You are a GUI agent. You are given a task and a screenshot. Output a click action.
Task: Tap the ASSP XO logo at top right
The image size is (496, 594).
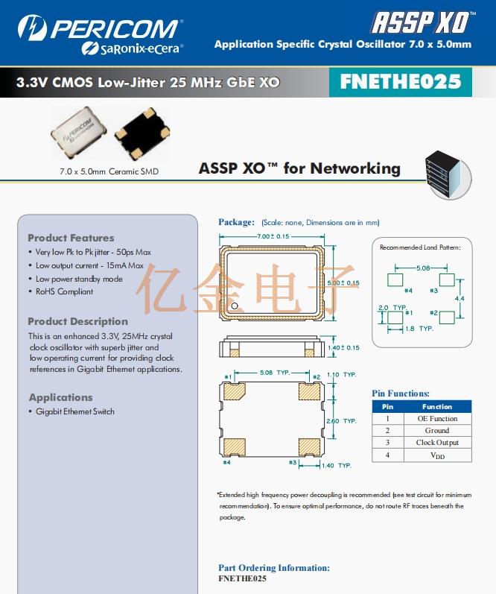pos(422,22)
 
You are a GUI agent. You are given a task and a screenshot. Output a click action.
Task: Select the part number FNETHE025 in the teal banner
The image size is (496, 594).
pos(400,81)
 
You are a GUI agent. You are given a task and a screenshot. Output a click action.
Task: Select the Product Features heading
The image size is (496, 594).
pos(71,238)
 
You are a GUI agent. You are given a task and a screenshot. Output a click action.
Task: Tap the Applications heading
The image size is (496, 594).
pos(60,397)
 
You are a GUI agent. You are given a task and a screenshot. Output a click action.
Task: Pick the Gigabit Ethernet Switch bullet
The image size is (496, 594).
pos(74,411)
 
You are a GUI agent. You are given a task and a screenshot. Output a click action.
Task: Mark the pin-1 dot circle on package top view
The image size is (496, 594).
pos(234,306)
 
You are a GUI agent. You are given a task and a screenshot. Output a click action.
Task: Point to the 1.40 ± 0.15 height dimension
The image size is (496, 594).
pos(343,348)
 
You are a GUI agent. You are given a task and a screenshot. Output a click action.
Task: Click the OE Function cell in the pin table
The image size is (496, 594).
pos(437,419)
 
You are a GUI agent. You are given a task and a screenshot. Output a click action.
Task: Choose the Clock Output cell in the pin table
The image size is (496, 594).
pos(437,443)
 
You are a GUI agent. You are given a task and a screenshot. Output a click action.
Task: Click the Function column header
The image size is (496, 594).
pos(437,407)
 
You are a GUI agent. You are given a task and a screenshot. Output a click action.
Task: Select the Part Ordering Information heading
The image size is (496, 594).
pos(273,568)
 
